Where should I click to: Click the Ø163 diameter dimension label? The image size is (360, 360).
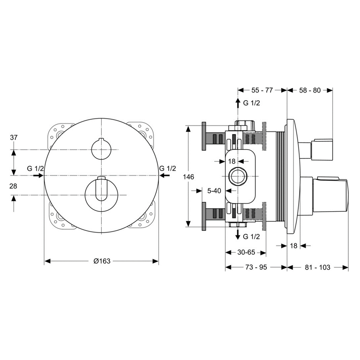tap(102, 261)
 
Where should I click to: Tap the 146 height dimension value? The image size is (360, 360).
tap(189, 177)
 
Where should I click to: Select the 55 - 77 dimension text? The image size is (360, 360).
tap(262, 90)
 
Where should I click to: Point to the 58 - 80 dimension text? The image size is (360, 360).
tap(310, 90)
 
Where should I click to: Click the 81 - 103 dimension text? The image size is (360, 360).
tap(318, 267)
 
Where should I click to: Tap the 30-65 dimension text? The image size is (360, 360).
tap(246, 252)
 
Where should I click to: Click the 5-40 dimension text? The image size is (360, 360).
tap(214, 190)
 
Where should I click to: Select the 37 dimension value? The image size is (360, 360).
tap(14, 138)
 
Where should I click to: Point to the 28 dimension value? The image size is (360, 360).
tap(13, 186)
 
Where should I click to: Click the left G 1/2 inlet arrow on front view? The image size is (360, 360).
tap(38, 176)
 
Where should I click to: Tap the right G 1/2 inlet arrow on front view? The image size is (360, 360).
tap(164, 176)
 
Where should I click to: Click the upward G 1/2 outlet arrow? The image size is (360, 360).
tap(238, 103)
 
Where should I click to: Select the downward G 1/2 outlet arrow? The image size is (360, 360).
tap(238, 234)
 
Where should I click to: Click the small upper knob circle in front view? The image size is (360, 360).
tap(101, 149)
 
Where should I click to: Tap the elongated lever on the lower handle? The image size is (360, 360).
tap(101, 189)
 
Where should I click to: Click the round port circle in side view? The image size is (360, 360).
tap(238, 176)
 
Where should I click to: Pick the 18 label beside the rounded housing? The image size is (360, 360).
tap(232, 161)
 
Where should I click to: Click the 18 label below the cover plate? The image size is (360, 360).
tap(293, 246)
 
